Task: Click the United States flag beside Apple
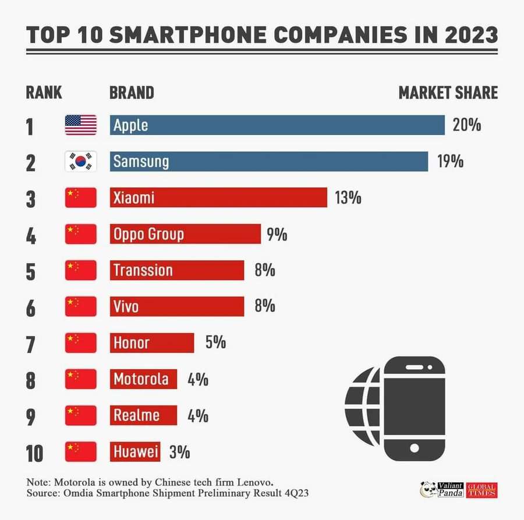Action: (x=80, y=125)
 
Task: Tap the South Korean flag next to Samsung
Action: (x=80, y=161)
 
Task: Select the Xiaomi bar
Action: (x=218, y=197)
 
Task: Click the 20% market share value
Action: (x=466, y=125)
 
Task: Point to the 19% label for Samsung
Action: (x=450, y=161)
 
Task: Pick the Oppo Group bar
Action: (x=185, y=234)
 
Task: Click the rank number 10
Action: (x=34, y=453)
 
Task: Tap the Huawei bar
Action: (x=135, y=452)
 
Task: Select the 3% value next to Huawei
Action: (x=179, y=452)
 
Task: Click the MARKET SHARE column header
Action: (x=448, y=93)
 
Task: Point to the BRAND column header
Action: (x=132, y=93)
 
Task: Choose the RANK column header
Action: (x=44, y=93)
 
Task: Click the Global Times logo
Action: (x=481, y=490)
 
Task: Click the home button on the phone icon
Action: (x=415, y=448)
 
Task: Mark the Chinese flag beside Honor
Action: (x=80, y=343)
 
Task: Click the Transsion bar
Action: (x=177, y=270)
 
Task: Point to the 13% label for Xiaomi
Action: (x=348, y=198)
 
